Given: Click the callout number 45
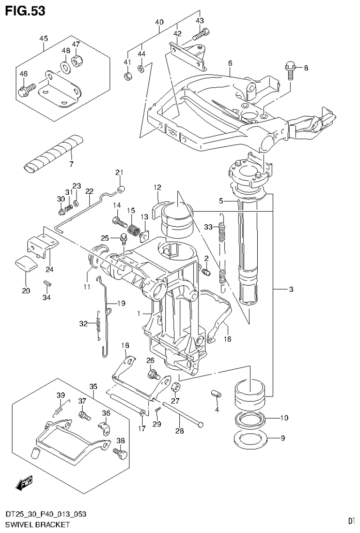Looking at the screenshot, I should coord(44,39).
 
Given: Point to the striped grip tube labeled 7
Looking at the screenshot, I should coord(53,153).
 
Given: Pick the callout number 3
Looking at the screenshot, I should coord(291,289).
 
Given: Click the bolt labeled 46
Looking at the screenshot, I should coord(28,88).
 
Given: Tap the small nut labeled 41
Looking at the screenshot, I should coord(127,76).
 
